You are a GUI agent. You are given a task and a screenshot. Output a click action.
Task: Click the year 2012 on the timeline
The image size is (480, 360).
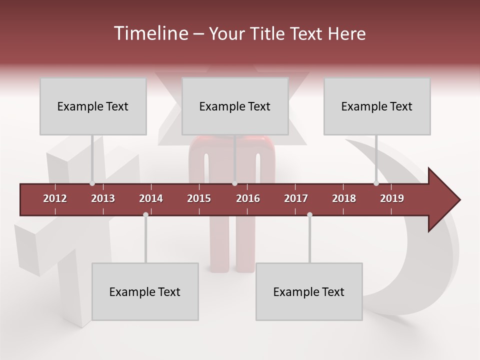[55, 198]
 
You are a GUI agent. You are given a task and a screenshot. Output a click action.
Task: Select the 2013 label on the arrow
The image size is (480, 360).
[103, 198]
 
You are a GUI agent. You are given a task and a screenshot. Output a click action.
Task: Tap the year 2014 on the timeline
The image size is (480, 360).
[151, 198]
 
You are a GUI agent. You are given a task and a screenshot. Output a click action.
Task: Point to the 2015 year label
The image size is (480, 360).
[199, 198]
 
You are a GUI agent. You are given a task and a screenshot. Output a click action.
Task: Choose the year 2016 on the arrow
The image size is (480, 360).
[248, 198]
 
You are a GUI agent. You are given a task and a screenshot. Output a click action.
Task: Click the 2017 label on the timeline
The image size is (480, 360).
[296, 198]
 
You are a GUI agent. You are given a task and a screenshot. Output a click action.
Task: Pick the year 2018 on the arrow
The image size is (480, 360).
[344, 198]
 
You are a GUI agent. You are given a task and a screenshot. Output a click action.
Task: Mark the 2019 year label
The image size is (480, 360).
[392, 198]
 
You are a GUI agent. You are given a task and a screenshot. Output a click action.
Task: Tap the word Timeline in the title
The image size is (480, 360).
[150, 33]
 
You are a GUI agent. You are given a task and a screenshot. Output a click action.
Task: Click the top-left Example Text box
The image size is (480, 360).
[93, 106]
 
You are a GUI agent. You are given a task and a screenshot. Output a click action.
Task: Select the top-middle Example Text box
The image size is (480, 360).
[235, 106]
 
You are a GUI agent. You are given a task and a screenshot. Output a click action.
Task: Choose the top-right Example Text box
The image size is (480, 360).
[377, 106]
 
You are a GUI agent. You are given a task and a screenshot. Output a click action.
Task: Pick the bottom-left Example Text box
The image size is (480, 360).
[145, 291]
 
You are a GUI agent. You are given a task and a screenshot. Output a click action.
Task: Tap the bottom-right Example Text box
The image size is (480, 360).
[309, 291]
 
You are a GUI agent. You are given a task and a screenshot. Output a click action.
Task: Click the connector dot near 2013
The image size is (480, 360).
[92, 183]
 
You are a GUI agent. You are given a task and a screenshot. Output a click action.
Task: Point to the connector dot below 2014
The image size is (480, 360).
[145, 215]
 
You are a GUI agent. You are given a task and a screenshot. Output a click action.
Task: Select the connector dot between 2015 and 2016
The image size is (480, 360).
[234, 183]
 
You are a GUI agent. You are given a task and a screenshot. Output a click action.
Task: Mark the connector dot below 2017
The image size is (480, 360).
[309, 215]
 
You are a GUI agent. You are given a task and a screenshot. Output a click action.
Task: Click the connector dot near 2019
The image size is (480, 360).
[376, 183]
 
